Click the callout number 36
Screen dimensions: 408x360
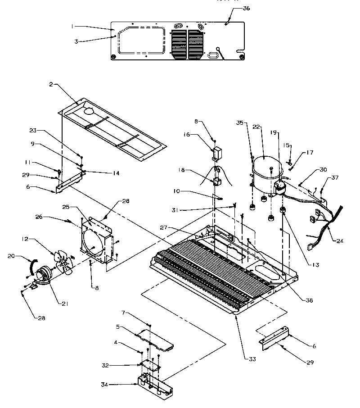pos(246,9)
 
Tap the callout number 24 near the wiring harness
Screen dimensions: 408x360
pos(340,240)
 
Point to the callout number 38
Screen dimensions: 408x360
pos(308,300)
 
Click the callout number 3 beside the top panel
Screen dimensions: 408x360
pos(76,41)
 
